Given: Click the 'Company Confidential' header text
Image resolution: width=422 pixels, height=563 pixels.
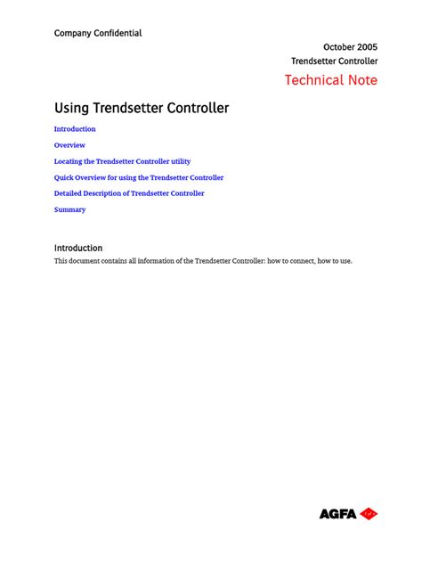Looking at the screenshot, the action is coord(98,33).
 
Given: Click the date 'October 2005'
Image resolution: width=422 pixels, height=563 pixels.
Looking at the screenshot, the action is coord(350,46).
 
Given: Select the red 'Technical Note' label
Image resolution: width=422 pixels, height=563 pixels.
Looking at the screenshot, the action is coord(330,80).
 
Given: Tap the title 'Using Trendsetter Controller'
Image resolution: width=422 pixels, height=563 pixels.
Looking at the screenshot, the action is coord(142,108).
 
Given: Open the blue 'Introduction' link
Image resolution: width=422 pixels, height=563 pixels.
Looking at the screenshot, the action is coord(75,129).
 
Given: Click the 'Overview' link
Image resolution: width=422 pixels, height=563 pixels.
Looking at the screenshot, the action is coord(69,145).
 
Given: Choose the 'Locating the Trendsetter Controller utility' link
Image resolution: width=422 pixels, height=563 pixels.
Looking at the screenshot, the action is coord(122,161).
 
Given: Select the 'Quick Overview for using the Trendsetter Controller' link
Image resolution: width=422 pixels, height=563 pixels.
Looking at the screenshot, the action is coord(139,177).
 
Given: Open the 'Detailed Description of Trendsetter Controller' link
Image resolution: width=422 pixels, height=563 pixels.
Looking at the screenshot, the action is coord(129,193).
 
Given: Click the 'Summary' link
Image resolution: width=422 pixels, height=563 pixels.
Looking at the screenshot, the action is coord(69,209).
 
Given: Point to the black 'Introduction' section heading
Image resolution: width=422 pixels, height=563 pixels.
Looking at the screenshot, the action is coord(78,248).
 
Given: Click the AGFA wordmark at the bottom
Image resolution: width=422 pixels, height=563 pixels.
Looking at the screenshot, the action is coord(338,514).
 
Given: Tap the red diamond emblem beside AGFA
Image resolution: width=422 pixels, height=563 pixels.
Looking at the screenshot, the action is coord(369,514).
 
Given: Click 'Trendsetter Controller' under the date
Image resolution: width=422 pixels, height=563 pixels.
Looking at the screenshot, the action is coord(335,61).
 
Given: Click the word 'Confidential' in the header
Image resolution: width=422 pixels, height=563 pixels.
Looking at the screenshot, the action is coord(120,33).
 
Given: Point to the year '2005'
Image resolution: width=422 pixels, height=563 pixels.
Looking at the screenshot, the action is coord(365,46).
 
